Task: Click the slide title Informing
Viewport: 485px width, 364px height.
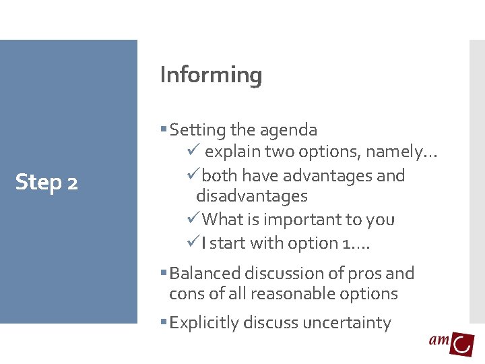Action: pyautogui.click(x=211, y=75)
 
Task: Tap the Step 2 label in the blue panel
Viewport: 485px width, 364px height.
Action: pyautogui.click(x=46, y=182)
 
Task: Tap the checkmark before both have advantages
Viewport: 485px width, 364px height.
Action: pyautogui.click(x=194, y=175)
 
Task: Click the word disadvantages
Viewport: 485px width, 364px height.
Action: pyautogui.click(x=251, y=196)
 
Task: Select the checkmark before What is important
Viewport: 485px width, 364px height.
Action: pyautogui.click(x=194, y=219)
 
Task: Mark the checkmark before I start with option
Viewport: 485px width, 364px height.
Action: pyautogui.click(x=194, y=243)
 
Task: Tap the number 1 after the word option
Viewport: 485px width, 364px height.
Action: pyautogui.click(x=346, y=243)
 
